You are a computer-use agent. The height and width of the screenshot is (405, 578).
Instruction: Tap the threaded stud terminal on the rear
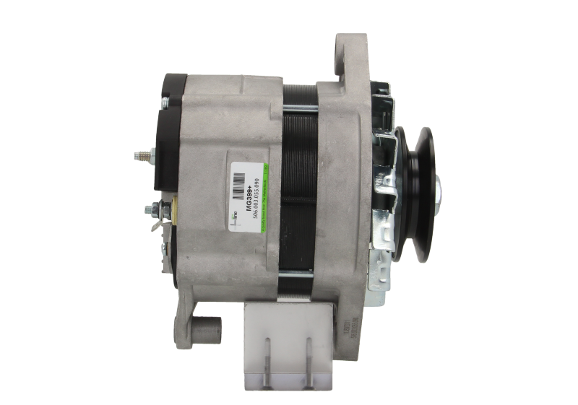(142, 154)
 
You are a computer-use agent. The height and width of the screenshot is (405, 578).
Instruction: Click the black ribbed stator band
(299, 180)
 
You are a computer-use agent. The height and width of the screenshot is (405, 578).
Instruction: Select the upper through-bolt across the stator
(300, 108)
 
